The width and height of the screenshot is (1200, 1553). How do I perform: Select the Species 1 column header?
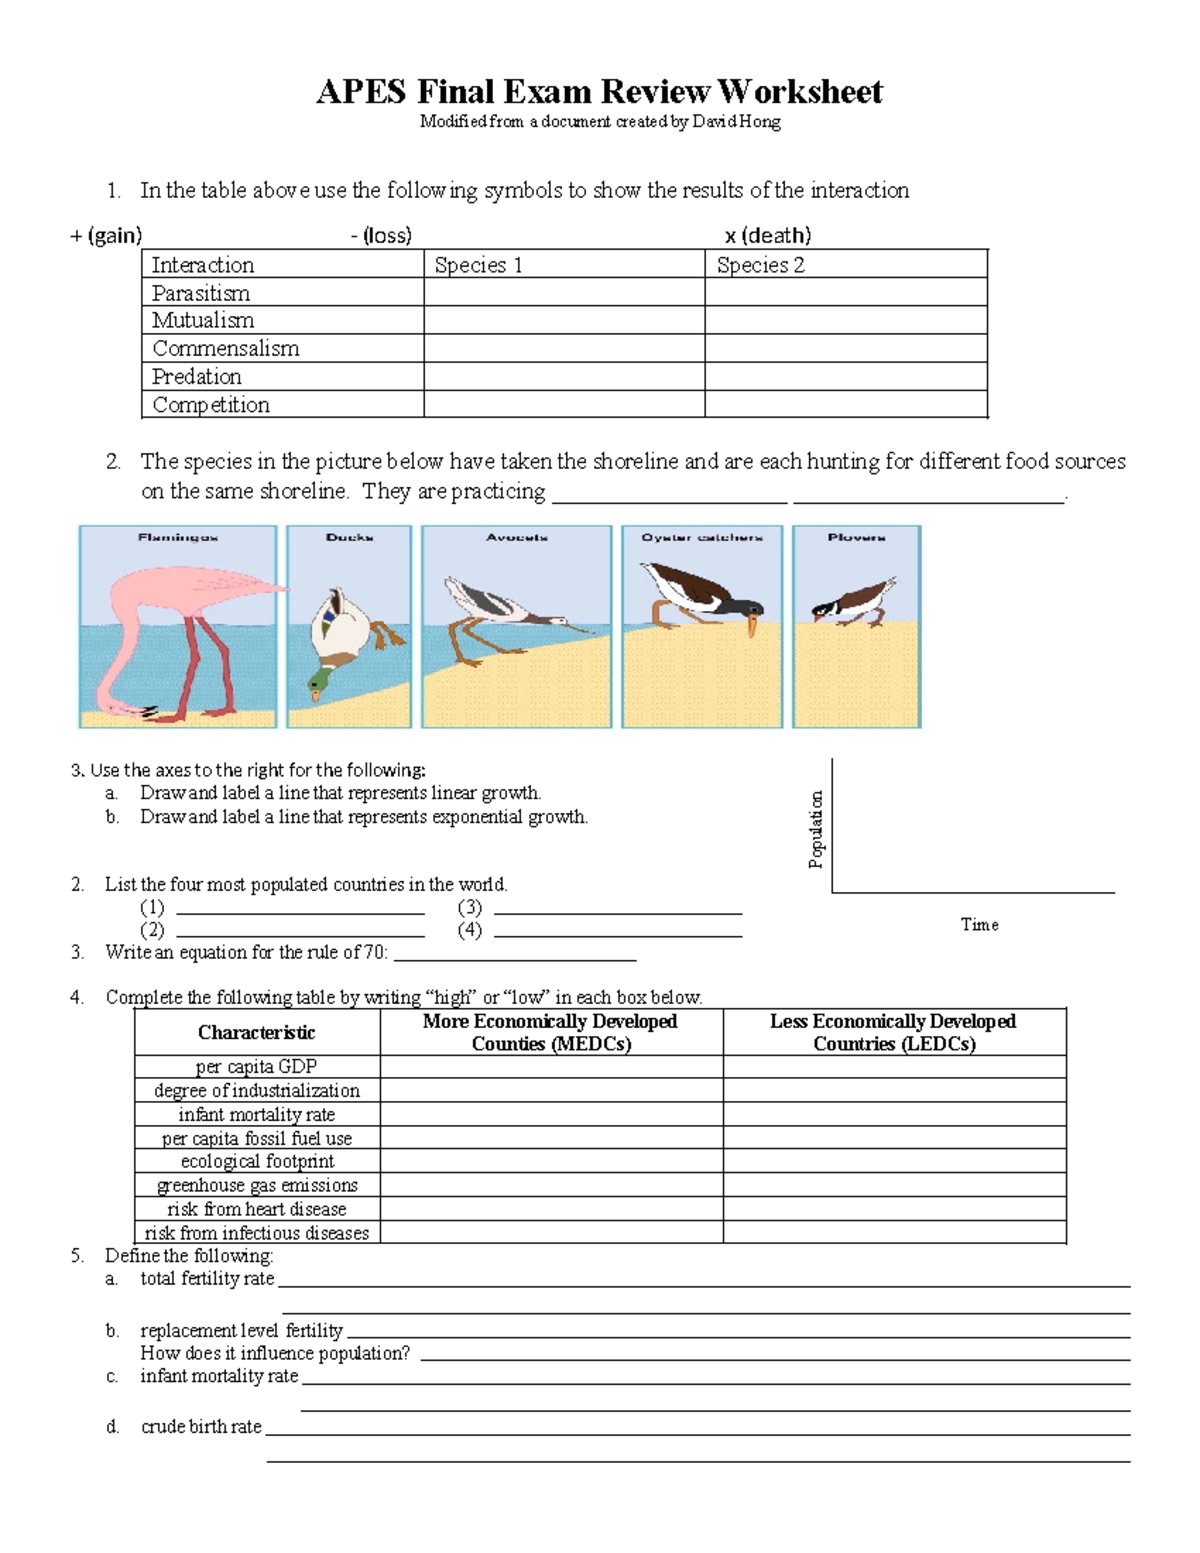coord(478,265)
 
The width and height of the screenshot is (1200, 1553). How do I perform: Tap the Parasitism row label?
coord(201,293)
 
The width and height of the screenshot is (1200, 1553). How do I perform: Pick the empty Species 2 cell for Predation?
coord(845,377)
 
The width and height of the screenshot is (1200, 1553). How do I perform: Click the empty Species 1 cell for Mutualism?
coord(564,321)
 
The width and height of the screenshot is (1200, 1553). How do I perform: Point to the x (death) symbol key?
coord(767,236)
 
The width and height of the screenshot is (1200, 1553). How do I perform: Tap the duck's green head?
coord(320,683)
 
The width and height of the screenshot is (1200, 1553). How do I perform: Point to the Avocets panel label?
coord(517,538)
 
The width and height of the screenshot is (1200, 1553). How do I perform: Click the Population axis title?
coord(817,829)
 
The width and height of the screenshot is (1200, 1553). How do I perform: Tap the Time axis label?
coord(979,925)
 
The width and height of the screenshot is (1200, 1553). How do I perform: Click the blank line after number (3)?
coord(617,908)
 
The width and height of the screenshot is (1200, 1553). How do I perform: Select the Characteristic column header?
coord(256,1032)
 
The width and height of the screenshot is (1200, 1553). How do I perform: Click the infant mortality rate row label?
coord(257,1114)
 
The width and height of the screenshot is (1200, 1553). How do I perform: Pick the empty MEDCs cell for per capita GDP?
coord(551,1067)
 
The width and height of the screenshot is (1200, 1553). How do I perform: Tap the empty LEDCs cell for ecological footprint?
coord(894,1161)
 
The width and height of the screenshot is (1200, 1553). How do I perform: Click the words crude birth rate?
coord(201,1427)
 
